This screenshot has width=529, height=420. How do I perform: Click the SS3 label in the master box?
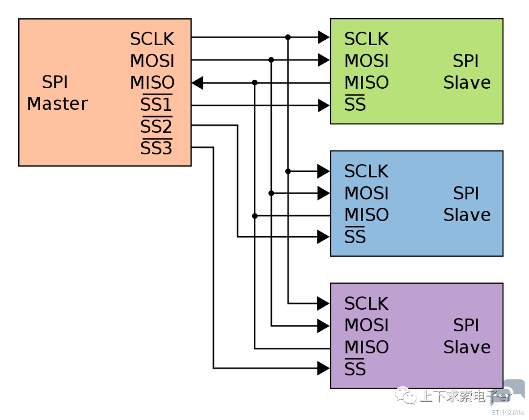156,148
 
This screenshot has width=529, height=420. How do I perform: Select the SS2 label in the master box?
156,126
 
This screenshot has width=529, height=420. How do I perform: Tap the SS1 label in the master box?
156,104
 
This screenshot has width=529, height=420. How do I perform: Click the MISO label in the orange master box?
152,82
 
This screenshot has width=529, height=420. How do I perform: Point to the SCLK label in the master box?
152,39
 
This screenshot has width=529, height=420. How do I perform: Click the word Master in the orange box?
57,103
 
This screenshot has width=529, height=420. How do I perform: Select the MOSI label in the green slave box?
366,61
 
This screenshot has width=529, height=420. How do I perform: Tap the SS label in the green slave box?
355,103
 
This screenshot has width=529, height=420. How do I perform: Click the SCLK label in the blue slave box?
366,171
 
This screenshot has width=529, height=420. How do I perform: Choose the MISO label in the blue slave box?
367,215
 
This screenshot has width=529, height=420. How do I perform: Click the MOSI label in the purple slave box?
366,325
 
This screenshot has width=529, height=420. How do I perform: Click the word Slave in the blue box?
467,215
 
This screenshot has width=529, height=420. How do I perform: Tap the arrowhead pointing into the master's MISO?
197,83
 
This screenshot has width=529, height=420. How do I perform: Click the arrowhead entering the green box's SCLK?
324,37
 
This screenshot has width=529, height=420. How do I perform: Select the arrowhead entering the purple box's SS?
324,368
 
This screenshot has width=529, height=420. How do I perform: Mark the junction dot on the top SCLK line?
288,37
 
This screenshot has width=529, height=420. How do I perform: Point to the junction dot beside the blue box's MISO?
255,216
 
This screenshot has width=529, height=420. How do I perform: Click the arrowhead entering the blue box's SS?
324,237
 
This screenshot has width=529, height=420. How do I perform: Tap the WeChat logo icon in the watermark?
406,395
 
